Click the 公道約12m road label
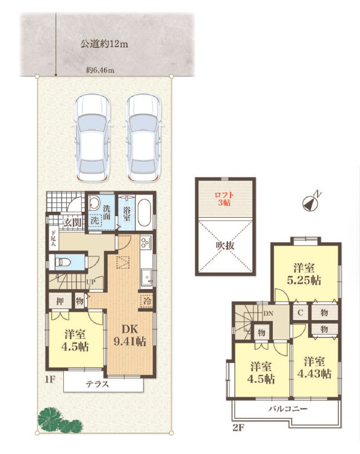click(x=104, y=44)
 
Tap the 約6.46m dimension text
click(x=100, y=71)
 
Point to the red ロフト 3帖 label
click(x=224, y=199)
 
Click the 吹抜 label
click(x=225, y=246)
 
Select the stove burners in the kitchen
click(x=146, y=242)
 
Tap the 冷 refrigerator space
click(x=147, y=301)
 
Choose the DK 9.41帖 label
click(x=130, y=335)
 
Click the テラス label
click(x=98, y=385)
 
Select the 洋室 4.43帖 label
click(x=314, y=368)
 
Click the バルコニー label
click(x=288, y=409)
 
